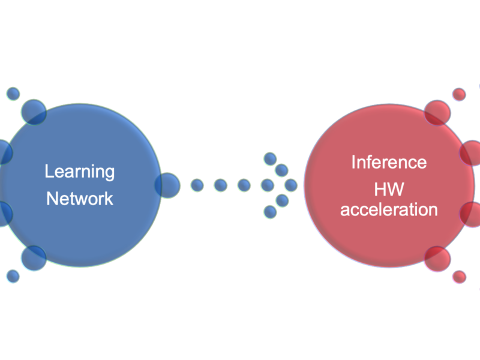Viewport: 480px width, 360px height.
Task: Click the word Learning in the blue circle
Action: (x=80, y=171)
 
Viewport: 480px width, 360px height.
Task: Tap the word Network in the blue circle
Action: (x=80, y=198)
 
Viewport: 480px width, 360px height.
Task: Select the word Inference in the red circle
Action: (x=389, y=162)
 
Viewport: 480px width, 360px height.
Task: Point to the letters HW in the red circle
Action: (x=388, y=190)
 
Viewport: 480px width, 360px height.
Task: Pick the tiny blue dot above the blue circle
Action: (x=13, y=94)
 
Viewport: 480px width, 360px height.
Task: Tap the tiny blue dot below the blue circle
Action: (x=13, y=276)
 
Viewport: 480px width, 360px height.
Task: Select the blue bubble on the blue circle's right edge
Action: (x=167, y=185)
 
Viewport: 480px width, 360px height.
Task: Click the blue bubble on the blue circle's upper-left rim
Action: (x=34, y=112)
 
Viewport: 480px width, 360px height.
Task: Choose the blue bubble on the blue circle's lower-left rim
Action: (x=34, y=257)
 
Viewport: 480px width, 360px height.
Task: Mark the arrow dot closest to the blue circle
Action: (x=197, y=185)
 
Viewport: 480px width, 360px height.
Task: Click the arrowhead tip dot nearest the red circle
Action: (x=291, y=185)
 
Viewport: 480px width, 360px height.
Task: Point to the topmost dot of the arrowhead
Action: (x=270, y=158)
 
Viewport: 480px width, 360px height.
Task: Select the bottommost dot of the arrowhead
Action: (x=270, y=211)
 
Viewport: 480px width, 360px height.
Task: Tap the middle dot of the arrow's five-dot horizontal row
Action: (x=244, y=185)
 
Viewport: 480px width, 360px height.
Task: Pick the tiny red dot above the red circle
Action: (x=459, y=94)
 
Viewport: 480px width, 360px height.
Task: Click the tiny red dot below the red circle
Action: (x=459, y=277)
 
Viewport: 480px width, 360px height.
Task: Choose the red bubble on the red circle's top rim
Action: (x=437, y=112)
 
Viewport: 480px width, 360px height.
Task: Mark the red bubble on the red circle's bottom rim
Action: (x=437, y=257)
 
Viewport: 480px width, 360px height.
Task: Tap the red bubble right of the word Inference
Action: (x=472, y=153)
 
